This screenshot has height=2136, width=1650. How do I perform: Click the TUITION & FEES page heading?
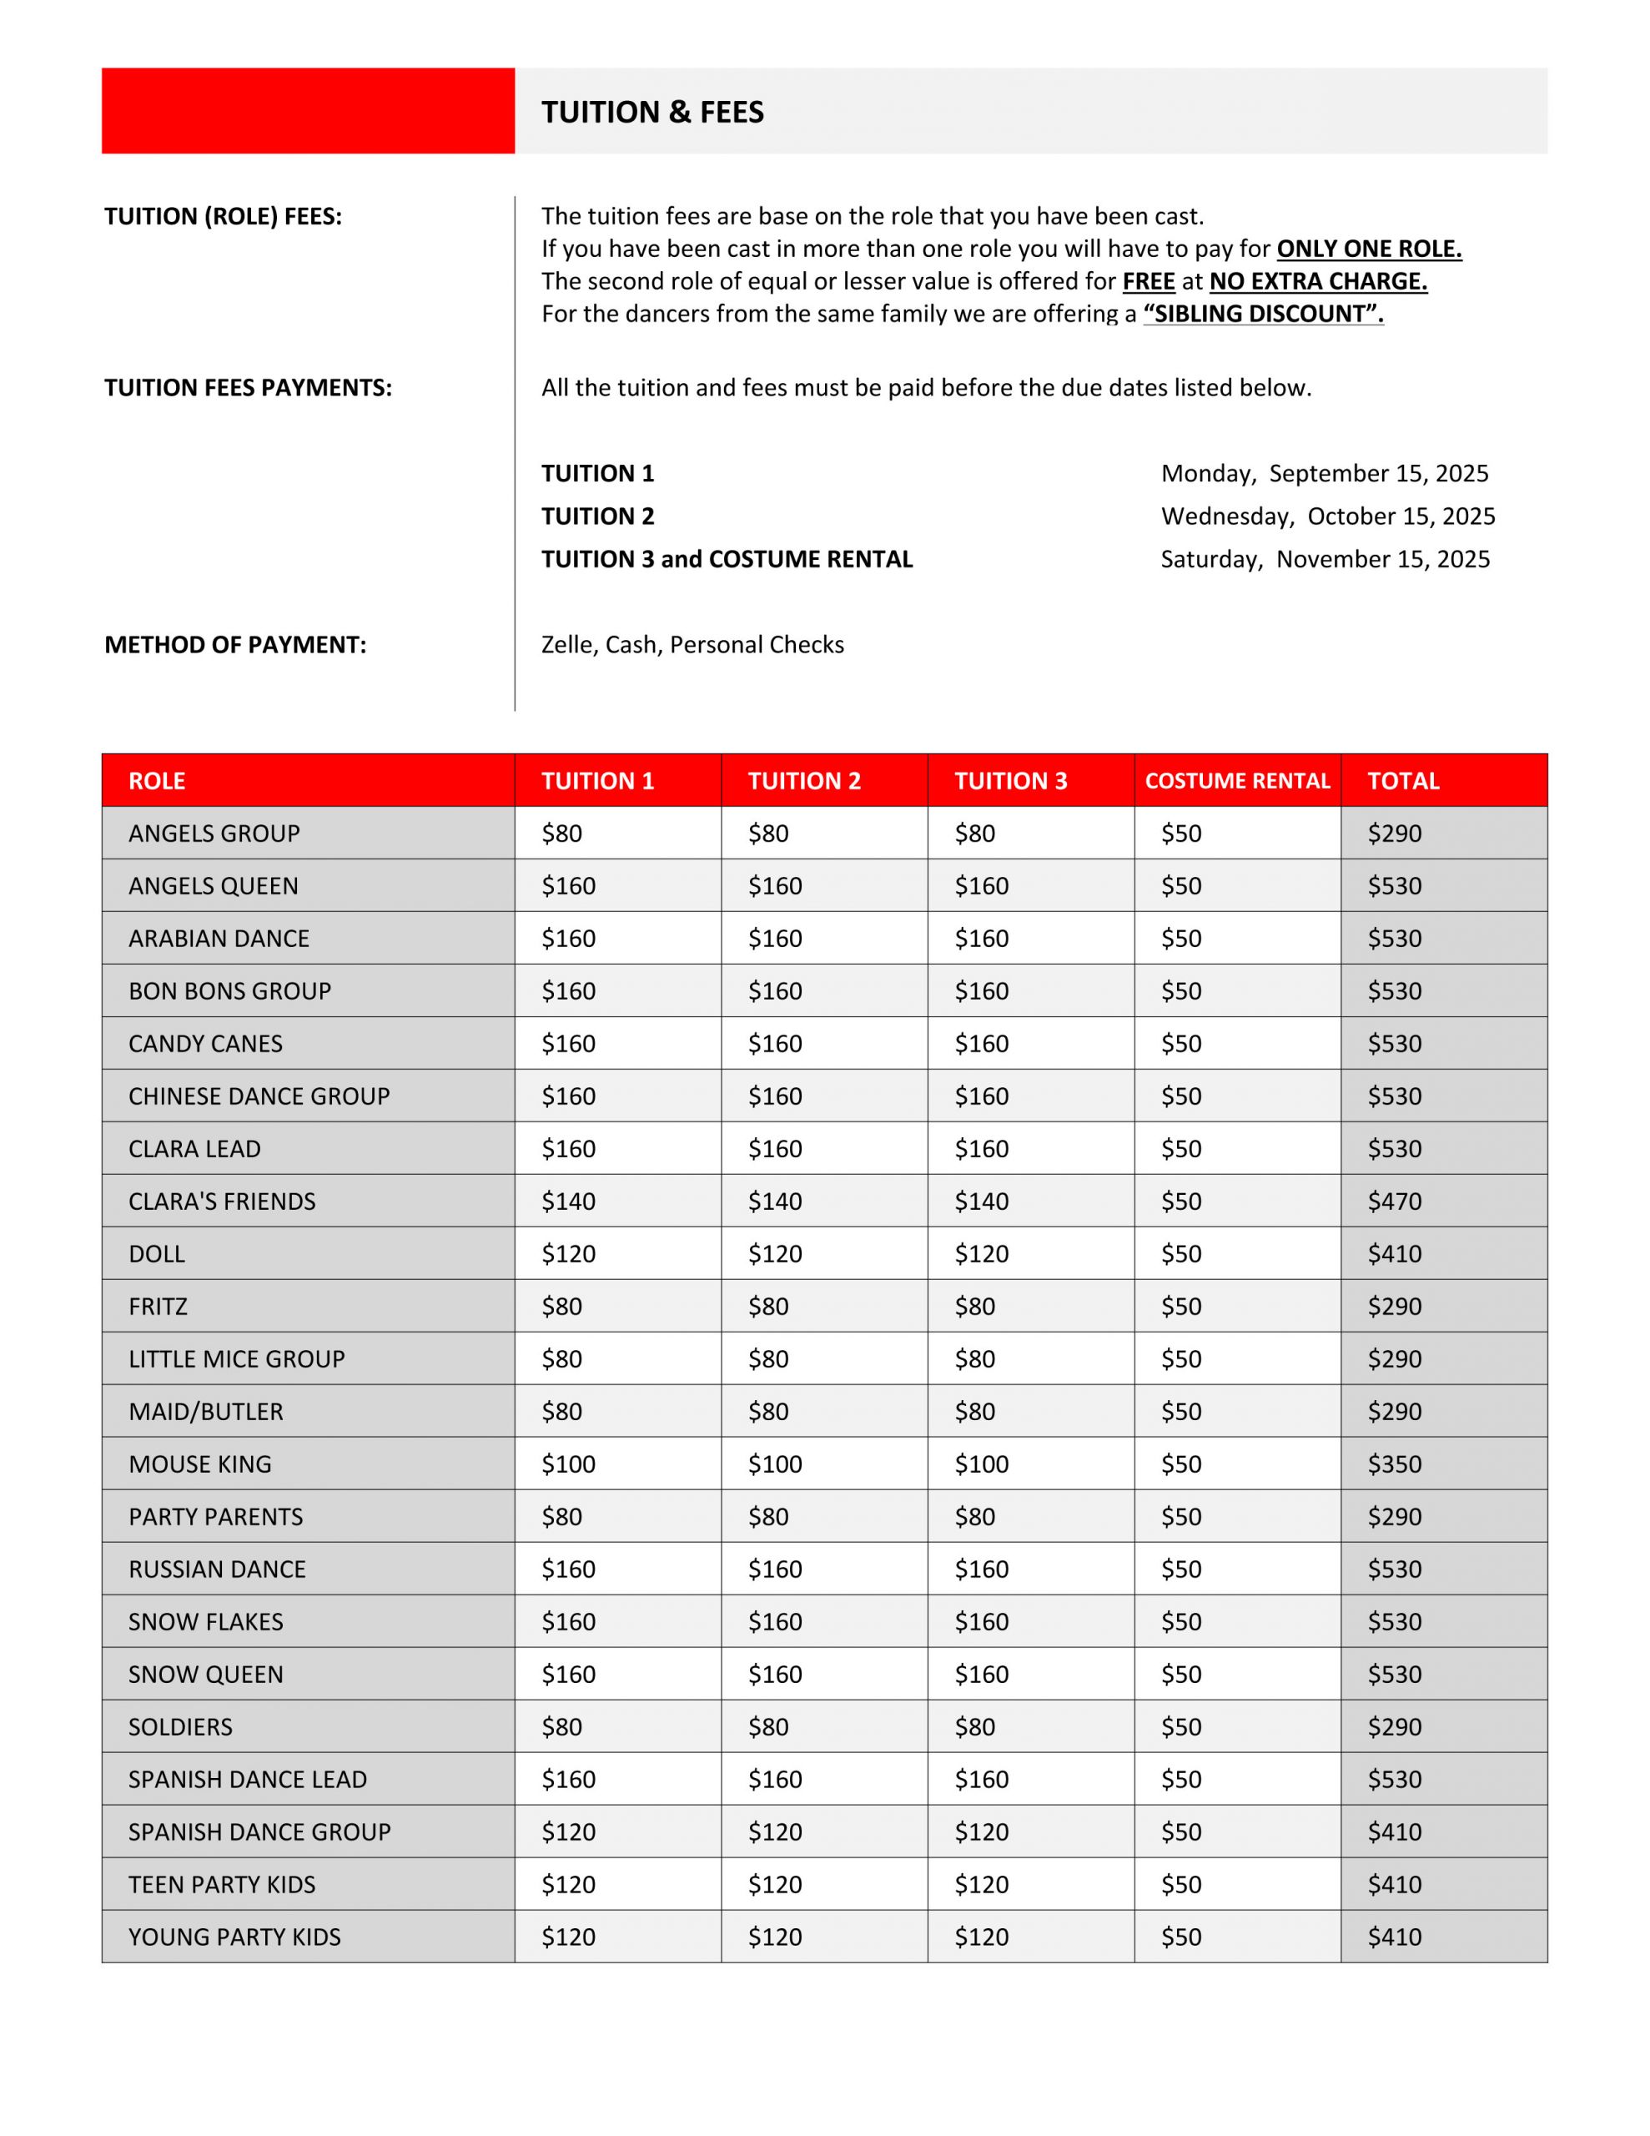tap(652, 113)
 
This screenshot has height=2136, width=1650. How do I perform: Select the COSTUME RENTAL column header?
tap(1236, 780)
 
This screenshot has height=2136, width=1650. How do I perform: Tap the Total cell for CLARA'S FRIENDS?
tap(1394, 1201)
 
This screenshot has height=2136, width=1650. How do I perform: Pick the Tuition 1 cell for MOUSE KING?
tap(568, 1464)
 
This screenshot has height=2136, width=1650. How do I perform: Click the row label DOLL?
tap(157, 1254)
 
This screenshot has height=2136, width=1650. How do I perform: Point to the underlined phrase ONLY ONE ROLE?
tap(1368, 249)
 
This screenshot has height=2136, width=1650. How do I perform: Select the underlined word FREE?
tap(1149, 282)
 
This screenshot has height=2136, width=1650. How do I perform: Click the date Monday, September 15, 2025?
tap(1325, 473)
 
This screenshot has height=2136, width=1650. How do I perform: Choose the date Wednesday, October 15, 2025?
tap(1327, 516)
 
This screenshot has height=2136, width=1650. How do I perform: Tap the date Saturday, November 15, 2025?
tap(1325, 559)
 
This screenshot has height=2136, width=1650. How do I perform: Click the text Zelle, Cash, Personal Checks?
tap(692, 644)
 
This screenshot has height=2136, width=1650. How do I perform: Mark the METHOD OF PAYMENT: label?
tap(236, 644)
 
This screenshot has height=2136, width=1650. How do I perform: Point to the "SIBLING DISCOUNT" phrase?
tap(1263, 314)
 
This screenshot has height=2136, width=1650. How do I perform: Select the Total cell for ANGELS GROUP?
tap(1394, 834)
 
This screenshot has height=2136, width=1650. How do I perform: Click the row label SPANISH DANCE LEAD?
tap(248, 1779)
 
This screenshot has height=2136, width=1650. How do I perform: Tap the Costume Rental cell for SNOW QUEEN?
tap(1180, 1675)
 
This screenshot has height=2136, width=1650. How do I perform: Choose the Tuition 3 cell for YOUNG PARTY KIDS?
tap(981, 1937)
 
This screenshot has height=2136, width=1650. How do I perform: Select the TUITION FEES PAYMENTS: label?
tap(249, 388)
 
